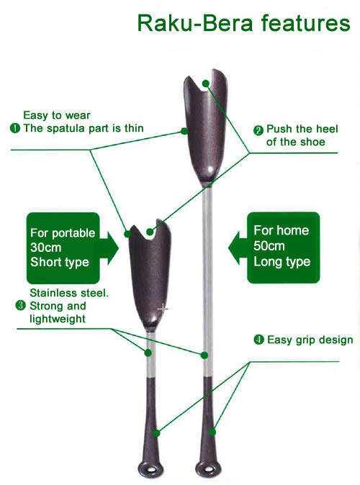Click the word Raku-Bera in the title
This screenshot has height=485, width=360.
coord(195,23)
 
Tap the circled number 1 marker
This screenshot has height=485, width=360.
coord(15,128)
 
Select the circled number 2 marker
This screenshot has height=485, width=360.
coord(258,130)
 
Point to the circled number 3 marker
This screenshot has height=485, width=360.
coord(20,306)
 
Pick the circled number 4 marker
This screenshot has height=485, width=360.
coord(258,340)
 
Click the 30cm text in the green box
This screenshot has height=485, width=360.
coord(46,248)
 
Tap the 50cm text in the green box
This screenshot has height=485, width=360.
coord(269,246)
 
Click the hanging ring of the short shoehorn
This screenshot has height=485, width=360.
coord(150,469)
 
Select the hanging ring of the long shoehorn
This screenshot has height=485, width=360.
coord(208,469)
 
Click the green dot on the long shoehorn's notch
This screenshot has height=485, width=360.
coord(206,83)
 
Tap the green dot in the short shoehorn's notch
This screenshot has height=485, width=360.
coord(150,232)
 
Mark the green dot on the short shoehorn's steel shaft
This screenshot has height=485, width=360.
coord(148,353)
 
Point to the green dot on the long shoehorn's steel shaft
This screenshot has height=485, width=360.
coord(204,355)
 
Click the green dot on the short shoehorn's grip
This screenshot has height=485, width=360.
coord(156,433)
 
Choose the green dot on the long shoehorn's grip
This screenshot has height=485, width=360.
coord(212,432)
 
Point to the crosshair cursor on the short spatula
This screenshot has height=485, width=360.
coord(163,309)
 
